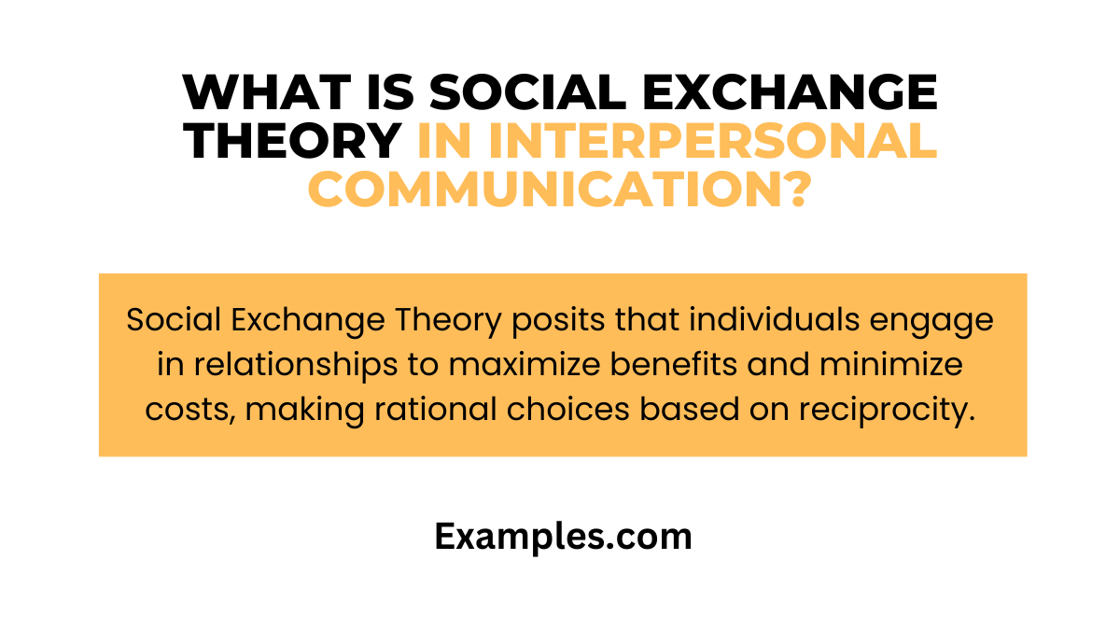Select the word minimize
click(x=902, y=365)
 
